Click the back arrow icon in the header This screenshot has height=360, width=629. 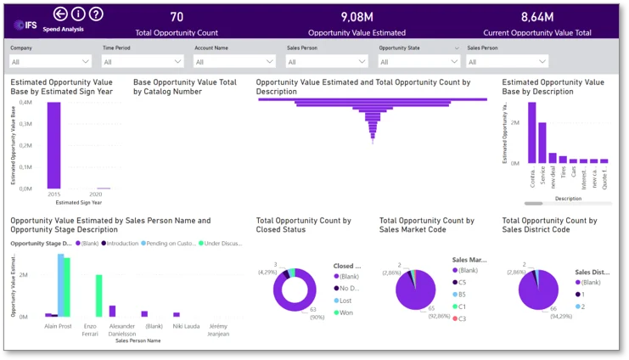pyautogui.click(x=60, y=14)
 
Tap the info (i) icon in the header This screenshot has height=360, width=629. pyautogui.click(x=78, y=14)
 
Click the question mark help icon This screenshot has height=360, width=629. pyautogui.click(x=96, y=14)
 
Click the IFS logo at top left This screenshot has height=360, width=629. pyautogui.click(x=25, y=24)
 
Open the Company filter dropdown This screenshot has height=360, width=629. pyautogui.click(x=51, y=61)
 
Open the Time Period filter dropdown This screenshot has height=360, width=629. pyautogui.click(x=143, y=61)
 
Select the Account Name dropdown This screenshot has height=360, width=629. pyautogui.click(x=234, y=61)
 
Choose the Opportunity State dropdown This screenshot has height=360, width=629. pyautogui.click(x=418, y=61)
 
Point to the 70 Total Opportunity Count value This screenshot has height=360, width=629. pyautogui.click(x=177, y=17)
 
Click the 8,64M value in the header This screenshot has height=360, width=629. pyautogui.click(x=536, y=17)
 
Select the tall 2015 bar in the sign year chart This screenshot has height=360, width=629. pyautogui.click(x=53, y=144)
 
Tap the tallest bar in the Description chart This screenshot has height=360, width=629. pyautogui.click(x=532, y=132)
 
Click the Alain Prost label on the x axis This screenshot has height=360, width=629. pyautogui.click(x=57, y=325)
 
